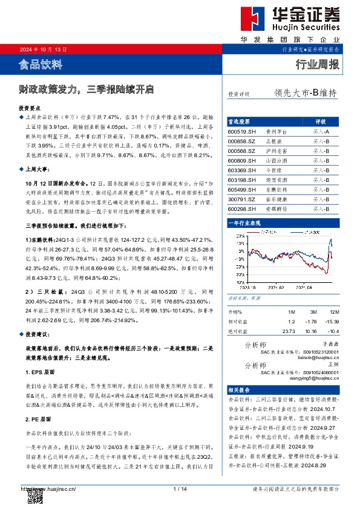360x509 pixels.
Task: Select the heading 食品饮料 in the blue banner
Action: [41, 63]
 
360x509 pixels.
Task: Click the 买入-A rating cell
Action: [321, 131]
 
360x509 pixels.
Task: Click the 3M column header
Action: [311, 312]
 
